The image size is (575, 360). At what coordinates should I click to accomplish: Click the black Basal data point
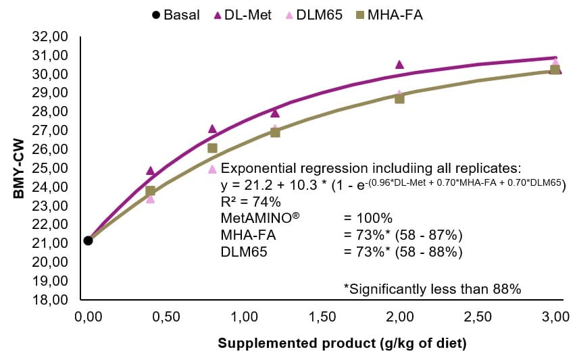(88, 240)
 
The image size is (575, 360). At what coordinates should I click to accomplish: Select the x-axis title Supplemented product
(342, 343)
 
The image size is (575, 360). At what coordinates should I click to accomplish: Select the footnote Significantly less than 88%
(432, 289)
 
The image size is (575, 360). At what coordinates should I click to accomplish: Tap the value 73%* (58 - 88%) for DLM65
(403, 253)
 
